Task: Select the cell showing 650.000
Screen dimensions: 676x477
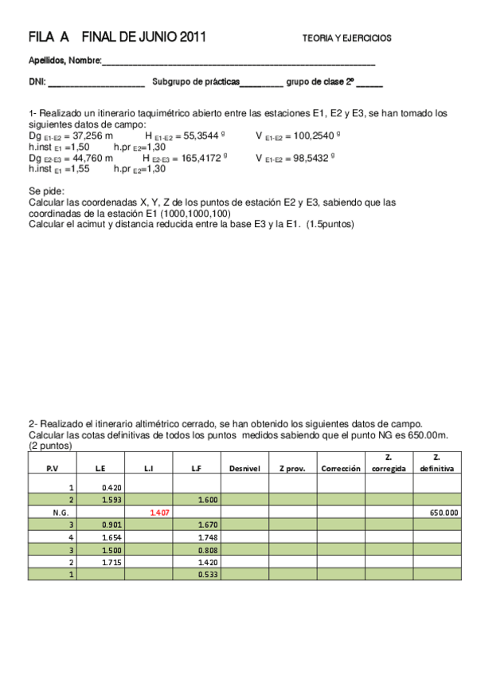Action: (x=443, y=513)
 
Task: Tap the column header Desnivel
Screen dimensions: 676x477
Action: (x=245, y=469)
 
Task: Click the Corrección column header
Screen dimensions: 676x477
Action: (x=341, y=469)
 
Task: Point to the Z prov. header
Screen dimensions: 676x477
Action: (x=292, y=469)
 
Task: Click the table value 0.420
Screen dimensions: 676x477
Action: (x=112, y=487)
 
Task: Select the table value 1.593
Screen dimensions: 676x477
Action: (x=112, y=500)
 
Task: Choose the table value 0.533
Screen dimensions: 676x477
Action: (x=207, y=574)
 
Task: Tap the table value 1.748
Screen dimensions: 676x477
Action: (x=207, y=537)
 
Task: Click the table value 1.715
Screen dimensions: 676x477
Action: (x=112, y=562)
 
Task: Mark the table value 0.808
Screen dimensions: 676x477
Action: (x=207, y=550)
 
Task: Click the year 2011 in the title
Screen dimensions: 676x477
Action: (x=194, y=37)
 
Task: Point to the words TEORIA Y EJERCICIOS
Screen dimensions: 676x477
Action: (x=346, y=38)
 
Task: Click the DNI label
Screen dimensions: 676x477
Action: (x=37, y=81)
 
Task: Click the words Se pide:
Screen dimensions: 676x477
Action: (x=46, y=191)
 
